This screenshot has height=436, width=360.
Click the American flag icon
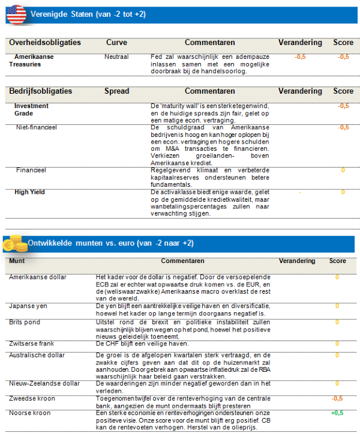click(16, 13)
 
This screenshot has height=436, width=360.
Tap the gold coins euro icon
click(16, 244)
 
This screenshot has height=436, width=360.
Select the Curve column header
click(116, 43)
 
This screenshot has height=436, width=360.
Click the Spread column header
click(116, 92)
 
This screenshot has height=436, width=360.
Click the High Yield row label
click(29, 192)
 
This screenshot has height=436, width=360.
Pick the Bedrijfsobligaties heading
click(41, 92)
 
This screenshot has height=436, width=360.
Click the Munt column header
click(17, 261)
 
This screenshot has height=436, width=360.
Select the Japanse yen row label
click(28, 306)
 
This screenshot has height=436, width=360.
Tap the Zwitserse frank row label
click(32, 344)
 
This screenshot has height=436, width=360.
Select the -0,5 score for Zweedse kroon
click(337, 398)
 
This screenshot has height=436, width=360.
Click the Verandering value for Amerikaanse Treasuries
click(300, 56)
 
